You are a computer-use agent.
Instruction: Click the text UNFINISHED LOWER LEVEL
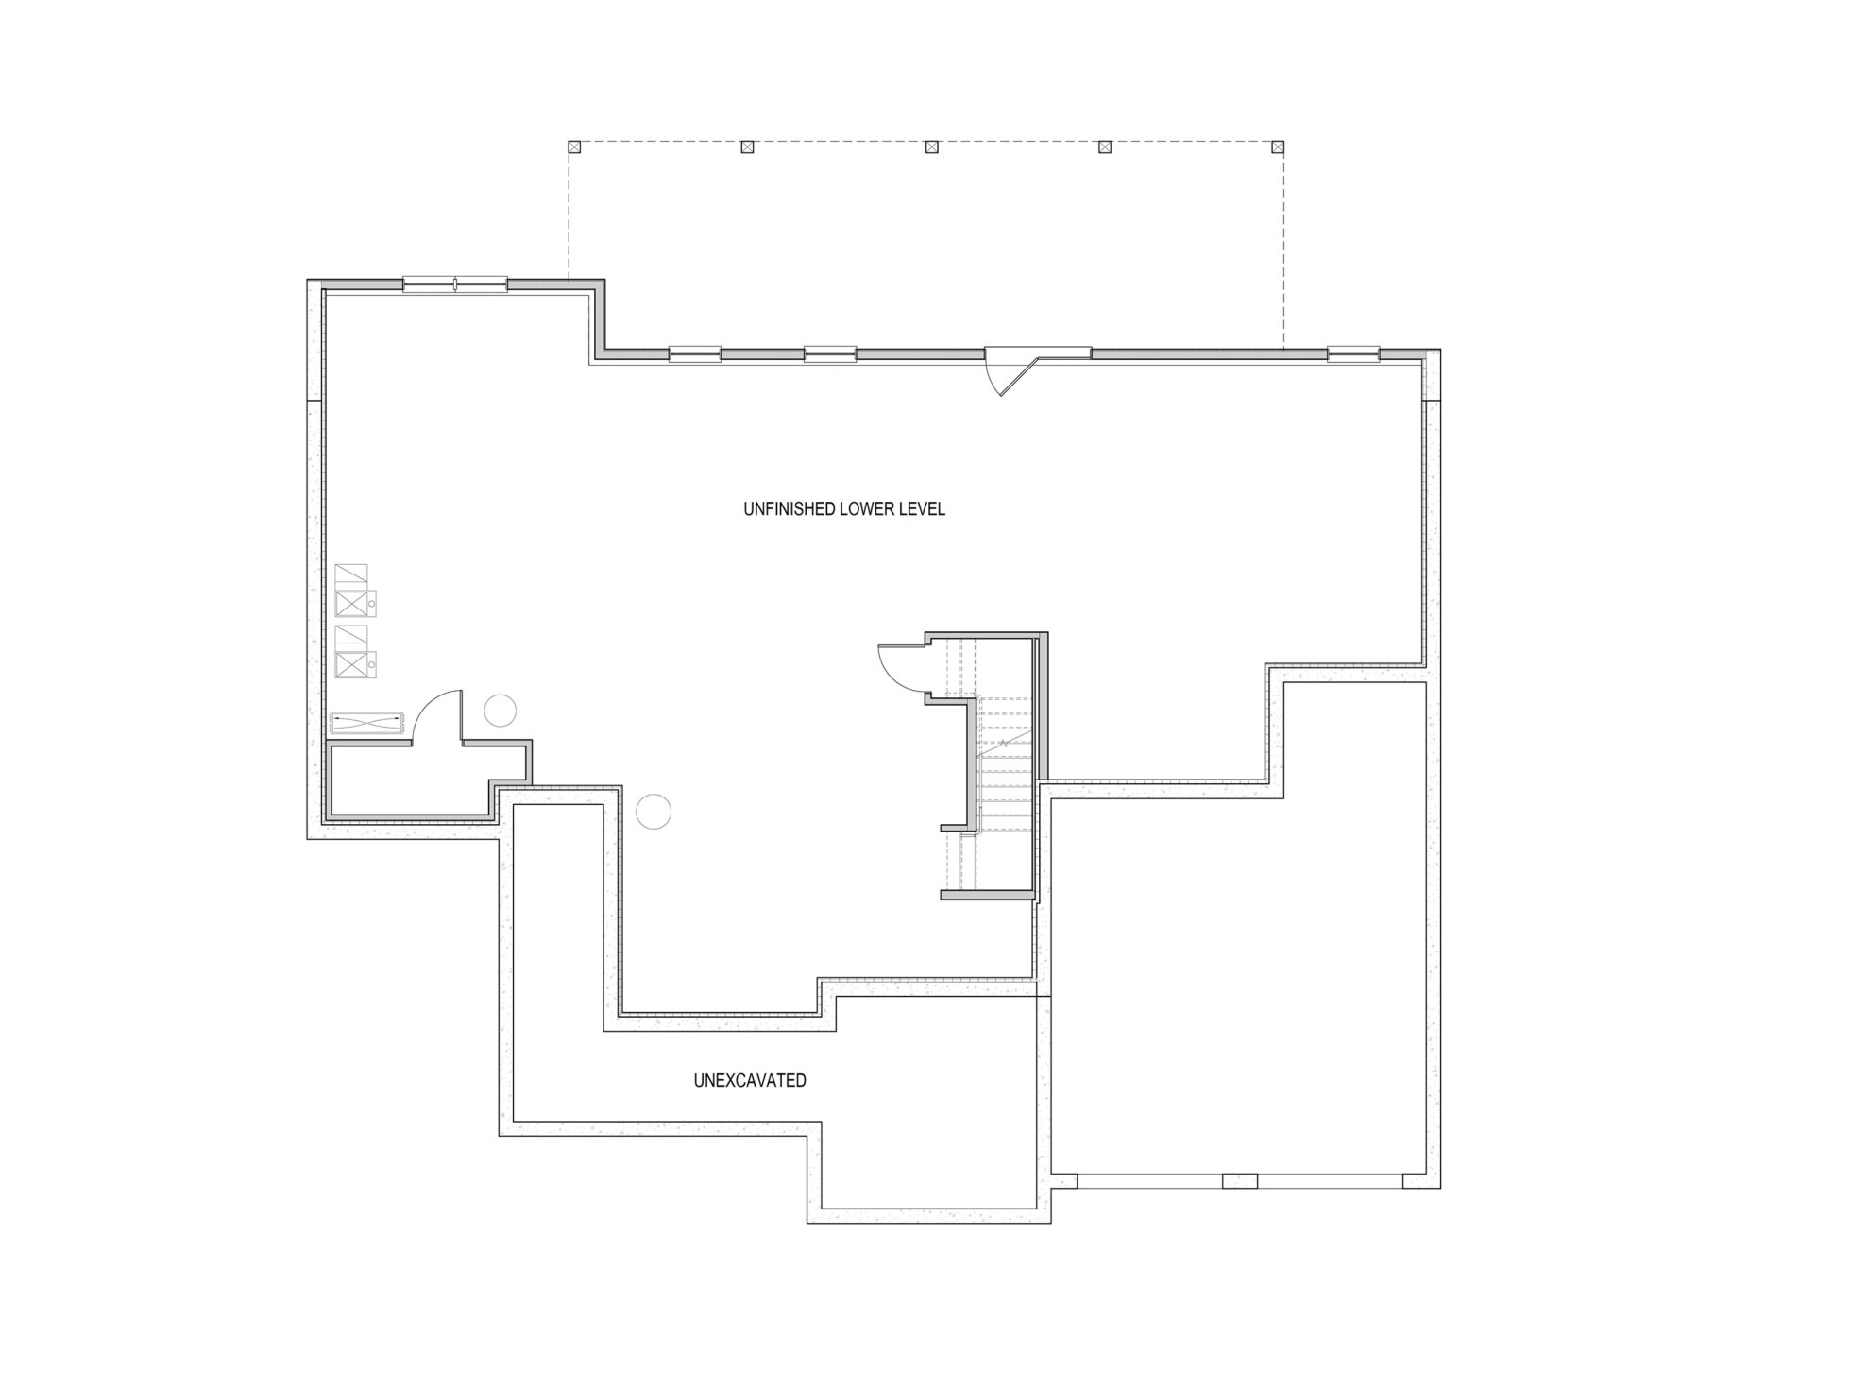coord(844,509)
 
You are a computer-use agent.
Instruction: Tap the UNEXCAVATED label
coord(750,1080)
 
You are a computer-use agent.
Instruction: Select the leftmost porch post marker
coord(573,146)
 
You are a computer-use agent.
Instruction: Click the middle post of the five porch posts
coord(931,146)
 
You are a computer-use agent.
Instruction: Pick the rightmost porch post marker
coord(1278,146)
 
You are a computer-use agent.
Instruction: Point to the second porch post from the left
coord(747,146)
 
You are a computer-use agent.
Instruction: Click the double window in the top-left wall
coord(455,283)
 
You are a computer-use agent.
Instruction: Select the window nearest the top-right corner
coord(1353,353)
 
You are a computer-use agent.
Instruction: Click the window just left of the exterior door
coord(830,354)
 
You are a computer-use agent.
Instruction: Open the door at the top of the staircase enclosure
coord(900,668)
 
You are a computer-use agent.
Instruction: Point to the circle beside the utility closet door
coord(500,710)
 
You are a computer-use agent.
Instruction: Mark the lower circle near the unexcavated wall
coord(654,811)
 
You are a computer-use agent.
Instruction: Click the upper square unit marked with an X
coord(352,603)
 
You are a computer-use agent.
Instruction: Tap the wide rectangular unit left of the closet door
coord(367,723)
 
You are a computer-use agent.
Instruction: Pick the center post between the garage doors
coord(1240,1180)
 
